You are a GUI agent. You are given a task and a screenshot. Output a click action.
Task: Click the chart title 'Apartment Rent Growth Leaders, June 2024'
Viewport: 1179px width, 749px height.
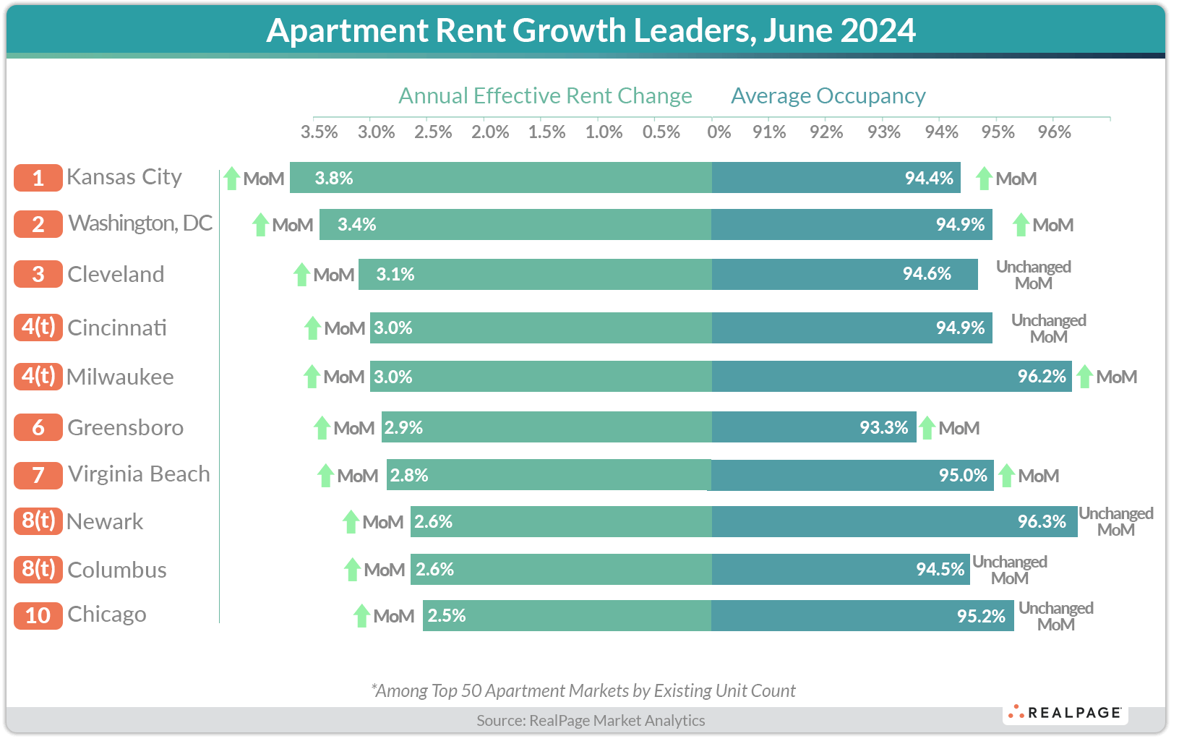[x=591, y=30]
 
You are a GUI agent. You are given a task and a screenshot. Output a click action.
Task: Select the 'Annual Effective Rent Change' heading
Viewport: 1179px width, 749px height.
[x=545, y=95]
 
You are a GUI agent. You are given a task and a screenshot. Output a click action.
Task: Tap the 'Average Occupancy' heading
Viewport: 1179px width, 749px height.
[x=828, y=95]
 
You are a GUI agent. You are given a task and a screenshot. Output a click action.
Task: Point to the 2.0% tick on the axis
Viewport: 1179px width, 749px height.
[x=490, y=132]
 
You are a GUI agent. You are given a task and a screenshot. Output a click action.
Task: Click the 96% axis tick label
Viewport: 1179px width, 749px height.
[x=1054, y=132]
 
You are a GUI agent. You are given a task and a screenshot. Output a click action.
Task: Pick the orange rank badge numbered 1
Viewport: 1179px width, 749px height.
[x=38, y=178]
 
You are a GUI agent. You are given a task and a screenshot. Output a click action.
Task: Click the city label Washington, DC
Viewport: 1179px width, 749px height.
[x=140, y=223]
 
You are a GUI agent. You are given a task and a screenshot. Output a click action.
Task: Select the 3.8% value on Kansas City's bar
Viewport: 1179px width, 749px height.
[x=334, y=179]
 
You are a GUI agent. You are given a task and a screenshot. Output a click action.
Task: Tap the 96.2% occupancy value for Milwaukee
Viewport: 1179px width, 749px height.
[x=1041, y=377]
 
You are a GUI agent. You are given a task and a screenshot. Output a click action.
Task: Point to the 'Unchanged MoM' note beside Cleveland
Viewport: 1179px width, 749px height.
[x=1033, y=275]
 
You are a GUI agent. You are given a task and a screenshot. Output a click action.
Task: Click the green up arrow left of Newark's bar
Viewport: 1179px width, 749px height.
[x=351, y=521]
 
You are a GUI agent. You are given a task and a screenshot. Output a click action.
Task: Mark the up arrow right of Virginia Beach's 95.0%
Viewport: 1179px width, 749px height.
[x=1006, y=476]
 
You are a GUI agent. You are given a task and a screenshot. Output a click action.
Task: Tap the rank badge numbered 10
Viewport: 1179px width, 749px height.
[x=38, y=615]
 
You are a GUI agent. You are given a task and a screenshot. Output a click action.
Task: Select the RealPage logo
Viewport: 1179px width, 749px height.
[x=1066, y=713]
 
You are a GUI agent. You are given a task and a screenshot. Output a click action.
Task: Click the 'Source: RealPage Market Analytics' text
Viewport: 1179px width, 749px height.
[x=591, y=720]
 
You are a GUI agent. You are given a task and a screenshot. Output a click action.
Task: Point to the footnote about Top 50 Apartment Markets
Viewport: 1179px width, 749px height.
[x=583, y=690]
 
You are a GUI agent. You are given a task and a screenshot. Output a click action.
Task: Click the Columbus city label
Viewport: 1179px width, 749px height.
[x=116, y=570]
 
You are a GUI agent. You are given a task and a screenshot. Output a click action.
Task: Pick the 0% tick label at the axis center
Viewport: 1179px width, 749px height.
[x=719, y=132]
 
